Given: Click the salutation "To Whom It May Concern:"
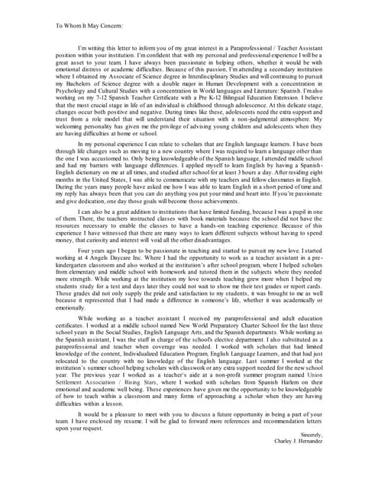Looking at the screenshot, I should [x=89, y=24].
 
